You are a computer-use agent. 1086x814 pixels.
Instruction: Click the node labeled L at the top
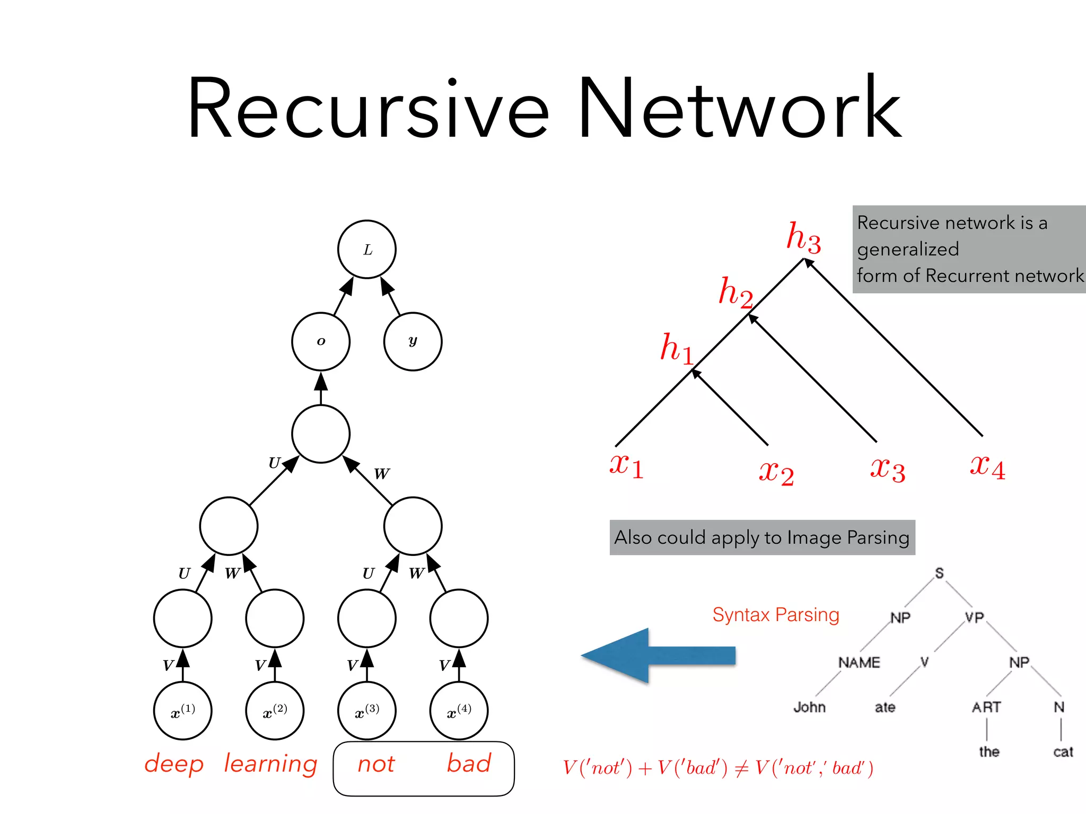pyautogui.click(x=367, y=249)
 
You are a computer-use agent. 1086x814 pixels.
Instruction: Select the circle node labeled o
pyautogui.click(x=321, y=341)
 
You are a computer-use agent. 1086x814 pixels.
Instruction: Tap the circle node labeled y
pyautogui.click(x=413, y=341)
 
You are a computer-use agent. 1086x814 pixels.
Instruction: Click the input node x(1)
pyautogui.click(x=183, y=711)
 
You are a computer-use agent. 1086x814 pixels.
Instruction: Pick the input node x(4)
pyautogui.click(x=459, y=711)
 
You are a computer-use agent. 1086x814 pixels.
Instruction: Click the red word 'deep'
pyautogui.click(x=174, y=764)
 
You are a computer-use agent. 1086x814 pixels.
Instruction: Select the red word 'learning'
pyautogui.click(x=270, y=764)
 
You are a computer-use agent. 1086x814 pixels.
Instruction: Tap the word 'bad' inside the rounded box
pyautogui.click(x=469, y=763)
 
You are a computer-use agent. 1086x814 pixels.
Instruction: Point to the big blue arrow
pyautogui.click(x=658, y=656)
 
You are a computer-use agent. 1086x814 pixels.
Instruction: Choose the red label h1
pyautogui.click(x=677, y=349)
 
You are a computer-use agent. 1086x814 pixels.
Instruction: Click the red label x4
pyautogui.click(x=987, y=466)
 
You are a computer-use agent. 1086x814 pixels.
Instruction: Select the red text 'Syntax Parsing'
pyautogui.click(x=775, y=615)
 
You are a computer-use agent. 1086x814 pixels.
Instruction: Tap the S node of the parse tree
pyautogui.click(x=939, y=573)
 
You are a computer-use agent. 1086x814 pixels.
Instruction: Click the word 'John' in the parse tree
pyautogui.click(x=809, y=707)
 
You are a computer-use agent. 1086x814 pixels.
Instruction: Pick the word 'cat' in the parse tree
pyautogui.click(x=1063, y=751)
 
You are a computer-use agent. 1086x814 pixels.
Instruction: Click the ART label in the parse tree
pyautogui.click(x=986, y=707)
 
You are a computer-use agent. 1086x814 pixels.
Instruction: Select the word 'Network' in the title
pyautogui.click(x=739, y=109)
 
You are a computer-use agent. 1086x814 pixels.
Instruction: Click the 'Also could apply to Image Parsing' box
pyautogui.click(x=762, y=537)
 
